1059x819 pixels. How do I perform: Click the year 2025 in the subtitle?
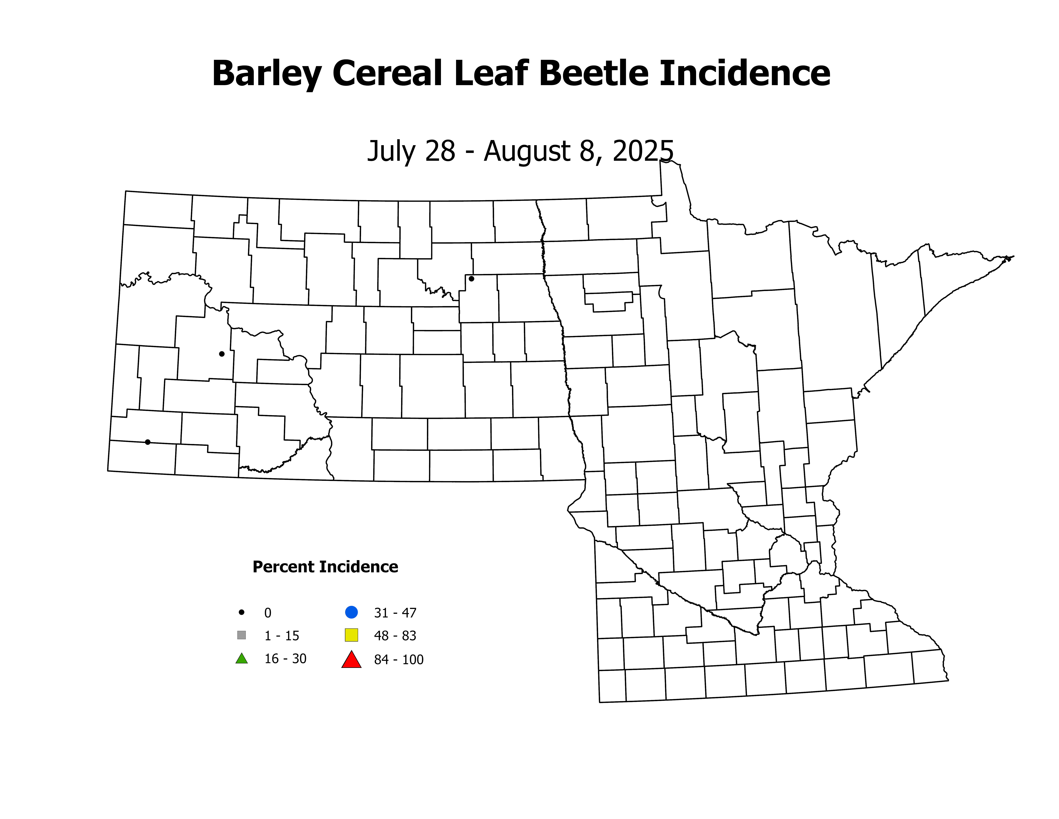tap(643, 151)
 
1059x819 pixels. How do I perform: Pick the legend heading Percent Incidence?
tap(325, 567)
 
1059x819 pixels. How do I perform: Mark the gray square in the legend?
tap(241, 635)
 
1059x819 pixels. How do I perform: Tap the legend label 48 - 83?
tap(395, 636)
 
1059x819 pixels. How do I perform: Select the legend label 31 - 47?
tap(395, 613)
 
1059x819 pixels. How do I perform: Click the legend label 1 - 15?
tap(282, 636)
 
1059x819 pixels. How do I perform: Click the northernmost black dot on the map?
tap(471, 278)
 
